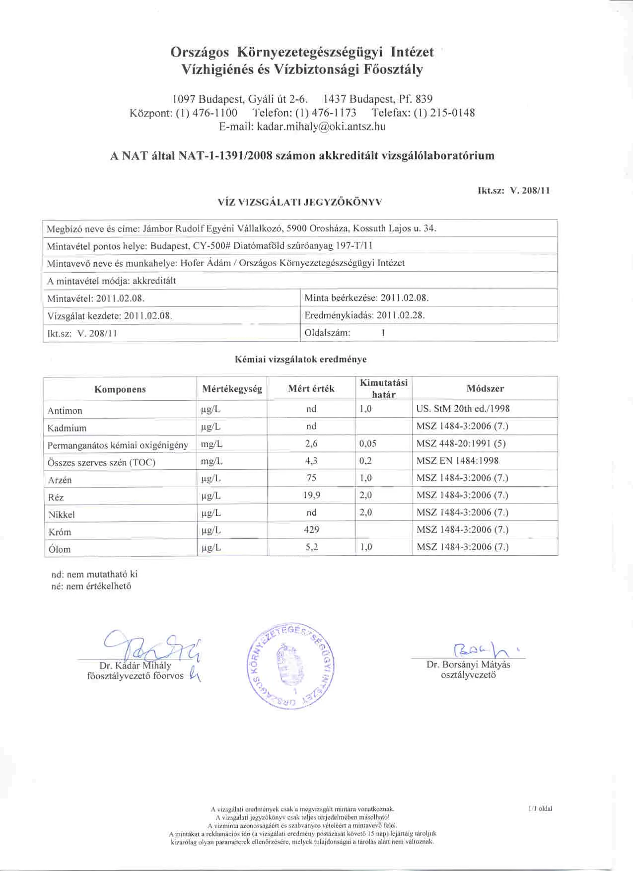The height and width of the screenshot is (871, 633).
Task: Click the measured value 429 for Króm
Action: pyautogui.click(x=311, y=530)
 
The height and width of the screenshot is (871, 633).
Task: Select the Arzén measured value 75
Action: pyautogui.click(x=311, y=478)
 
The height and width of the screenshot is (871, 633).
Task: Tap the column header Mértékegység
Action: pyautogui.click(x=232, y=389)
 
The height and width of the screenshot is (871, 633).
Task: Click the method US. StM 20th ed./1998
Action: pyautogui.click(x=463, y=409)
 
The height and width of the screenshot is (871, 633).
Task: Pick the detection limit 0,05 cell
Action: pyautogui.click(x=368, y=443)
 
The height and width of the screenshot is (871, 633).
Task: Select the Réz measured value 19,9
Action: pyautogui.click(x=311, y=495)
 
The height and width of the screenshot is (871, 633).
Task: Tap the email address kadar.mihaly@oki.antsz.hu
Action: pyautogui.click(x=321, y=127)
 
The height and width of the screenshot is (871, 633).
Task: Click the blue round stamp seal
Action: pyautogui.click(x=290, y=666)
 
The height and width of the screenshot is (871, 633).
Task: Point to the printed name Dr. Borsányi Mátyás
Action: pyautogui.click(x=468, y=665)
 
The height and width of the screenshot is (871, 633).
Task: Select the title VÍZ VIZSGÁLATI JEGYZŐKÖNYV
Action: pyautogui.click(x=300, y=202)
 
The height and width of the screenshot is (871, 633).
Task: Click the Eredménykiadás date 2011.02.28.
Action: pyautogui.click(x=401, y=315)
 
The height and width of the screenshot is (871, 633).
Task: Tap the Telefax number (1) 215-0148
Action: pyautogui.click(x=444, y=113)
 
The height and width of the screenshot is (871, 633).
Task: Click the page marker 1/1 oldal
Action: pyautogui.click(x=540, y=808)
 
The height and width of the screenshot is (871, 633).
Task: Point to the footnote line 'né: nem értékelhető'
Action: pyautogui.click(x=91, y=586)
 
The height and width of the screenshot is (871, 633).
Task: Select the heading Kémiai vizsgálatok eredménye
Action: pyautogui.click(x=300, y=359)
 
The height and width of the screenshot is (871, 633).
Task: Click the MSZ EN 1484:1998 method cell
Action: pyautogui.click(x=457, y=461)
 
